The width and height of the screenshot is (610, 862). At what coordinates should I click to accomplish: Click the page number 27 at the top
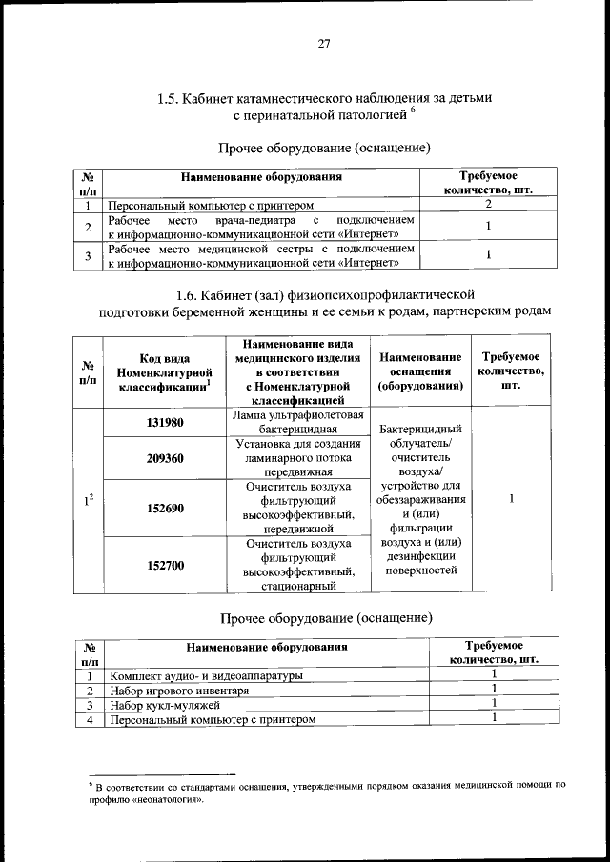pos(324,43)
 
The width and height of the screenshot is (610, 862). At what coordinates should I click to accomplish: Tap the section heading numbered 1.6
pos(325,302)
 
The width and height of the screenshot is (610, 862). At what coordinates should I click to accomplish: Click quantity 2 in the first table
pos(488,204)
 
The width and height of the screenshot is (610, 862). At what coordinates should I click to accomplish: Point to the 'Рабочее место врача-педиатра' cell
pos(262,227)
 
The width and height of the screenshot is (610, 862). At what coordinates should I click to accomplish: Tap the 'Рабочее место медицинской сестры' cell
pos(262,255)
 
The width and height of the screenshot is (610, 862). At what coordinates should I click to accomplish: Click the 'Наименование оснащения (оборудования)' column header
pos(420,372)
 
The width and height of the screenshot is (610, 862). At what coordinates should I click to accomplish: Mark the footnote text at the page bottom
pos(324,792)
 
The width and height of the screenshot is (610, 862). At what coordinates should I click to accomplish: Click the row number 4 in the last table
pos(88,719)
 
